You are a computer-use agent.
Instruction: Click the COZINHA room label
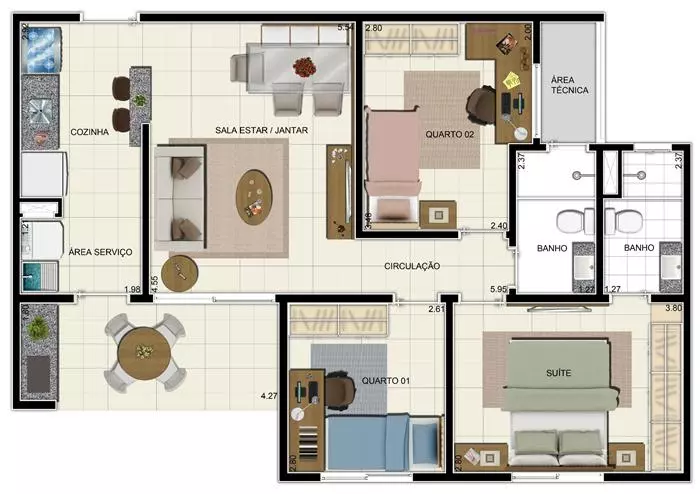89,132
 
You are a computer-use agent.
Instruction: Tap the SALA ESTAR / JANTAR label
261,130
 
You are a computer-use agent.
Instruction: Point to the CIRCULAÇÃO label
412,266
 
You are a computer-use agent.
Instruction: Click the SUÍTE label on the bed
558,373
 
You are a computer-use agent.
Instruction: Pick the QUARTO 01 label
385,381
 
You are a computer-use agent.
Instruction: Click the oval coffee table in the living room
254,197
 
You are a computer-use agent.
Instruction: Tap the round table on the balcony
144,353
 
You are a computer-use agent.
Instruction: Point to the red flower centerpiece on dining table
304,67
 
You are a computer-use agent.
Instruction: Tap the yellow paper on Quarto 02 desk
511,80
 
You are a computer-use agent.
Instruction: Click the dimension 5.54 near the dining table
346,27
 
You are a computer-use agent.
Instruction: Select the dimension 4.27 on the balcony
269,395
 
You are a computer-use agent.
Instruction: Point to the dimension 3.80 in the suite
674,308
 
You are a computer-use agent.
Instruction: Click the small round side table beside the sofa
179,273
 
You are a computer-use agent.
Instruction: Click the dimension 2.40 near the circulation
499,226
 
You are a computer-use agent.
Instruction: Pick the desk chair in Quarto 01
341,390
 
